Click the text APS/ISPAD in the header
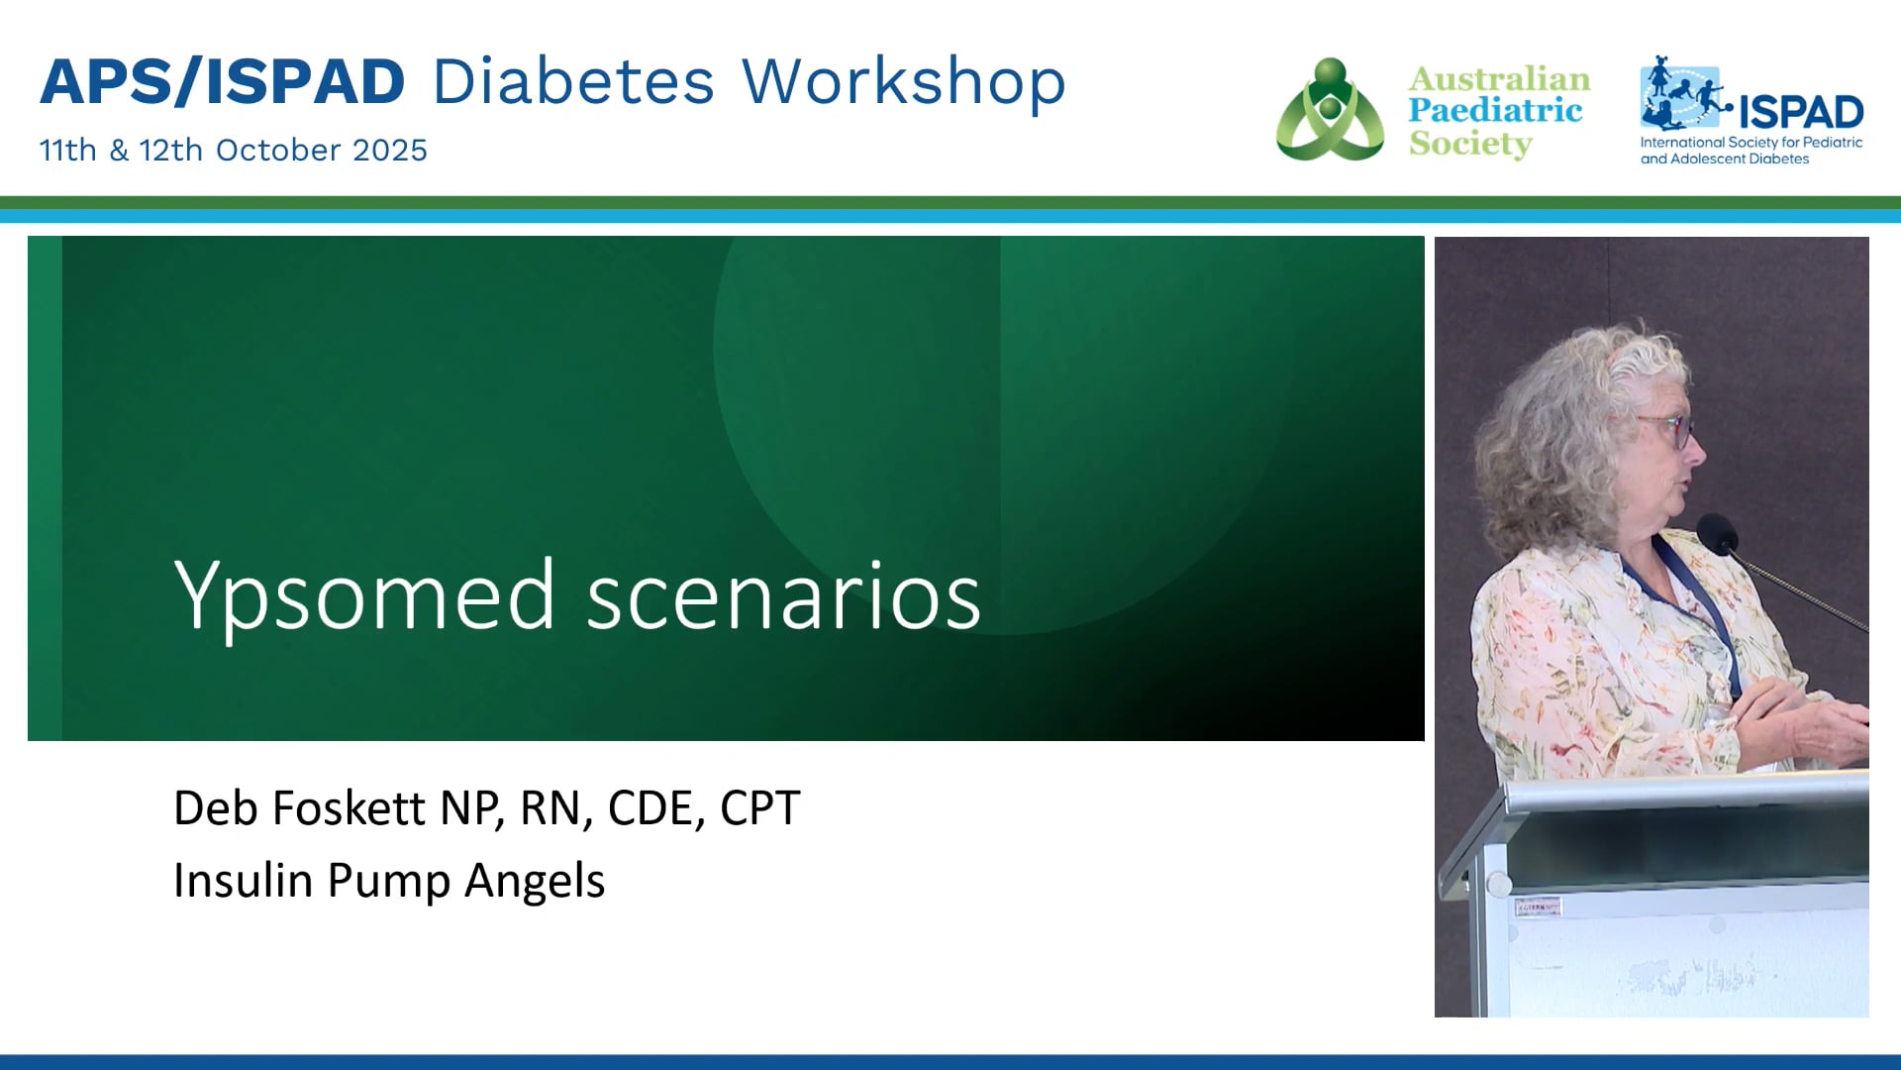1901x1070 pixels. click(223, 81)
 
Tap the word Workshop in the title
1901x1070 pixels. click(904, 81)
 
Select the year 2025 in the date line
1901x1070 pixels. click(390, 150)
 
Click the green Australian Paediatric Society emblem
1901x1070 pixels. click(1330, 110)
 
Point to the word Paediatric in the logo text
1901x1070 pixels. click(1495, 110)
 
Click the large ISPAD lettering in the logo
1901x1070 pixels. click(1801, 112)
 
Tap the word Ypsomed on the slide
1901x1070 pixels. click(363, 595)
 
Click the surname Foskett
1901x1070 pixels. click(349, 807)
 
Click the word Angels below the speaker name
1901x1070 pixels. click(535, 881)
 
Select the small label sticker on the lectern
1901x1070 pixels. click(1538, 907)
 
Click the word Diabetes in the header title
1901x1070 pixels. click(573, 81)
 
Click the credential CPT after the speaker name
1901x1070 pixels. click(760, 808)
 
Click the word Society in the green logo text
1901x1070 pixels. click(1470, 144)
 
